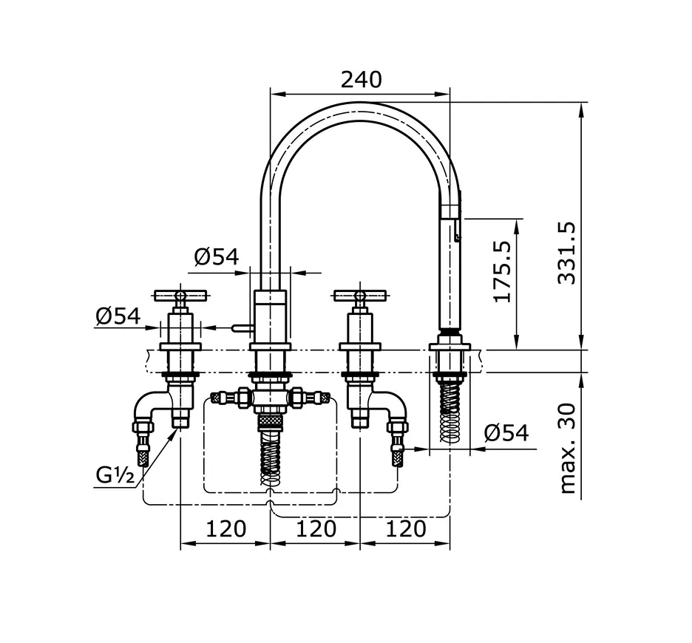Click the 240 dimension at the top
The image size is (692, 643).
coord(361,79)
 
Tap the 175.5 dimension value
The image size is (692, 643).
coord(503,270)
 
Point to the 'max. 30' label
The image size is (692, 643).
coord(567,448)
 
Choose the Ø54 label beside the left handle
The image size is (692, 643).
coord(118,316)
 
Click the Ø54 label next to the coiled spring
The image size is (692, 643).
coord(506,432)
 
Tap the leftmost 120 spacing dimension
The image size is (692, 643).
coord(225,528)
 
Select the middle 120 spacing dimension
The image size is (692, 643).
coord(316,528)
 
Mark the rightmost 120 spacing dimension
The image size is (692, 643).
coord(406,528)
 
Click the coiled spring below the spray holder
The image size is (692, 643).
coord(450,414)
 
